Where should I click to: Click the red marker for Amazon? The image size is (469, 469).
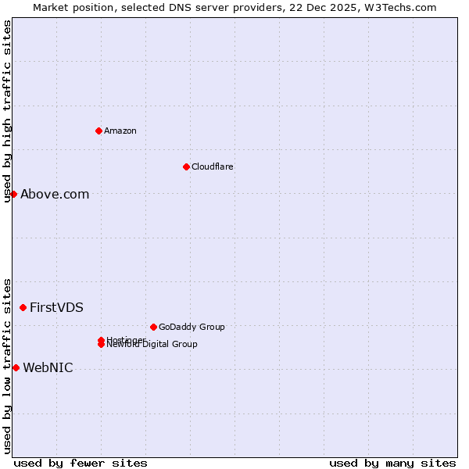coord(98,131)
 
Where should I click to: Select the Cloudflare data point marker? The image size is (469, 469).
coord(186,166)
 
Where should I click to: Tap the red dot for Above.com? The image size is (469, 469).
coord(13,194)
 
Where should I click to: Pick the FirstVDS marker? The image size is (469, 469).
coord(23,307)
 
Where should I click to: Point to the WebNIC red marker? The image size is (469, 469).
coord(16,367)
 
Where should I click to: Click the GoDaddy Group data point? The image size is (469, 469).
coord(153,327)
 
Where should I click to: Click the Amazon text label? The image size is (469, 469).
coord(120,131)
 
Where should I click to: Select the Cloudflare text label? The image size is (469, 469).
coord(212,166)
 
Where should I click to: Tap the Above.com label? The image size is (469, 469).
coord(55,195)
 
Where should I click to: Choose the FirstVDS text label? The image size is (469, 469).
coord(56,308)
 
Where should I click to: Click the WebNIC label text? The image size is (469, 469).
coord(48,368)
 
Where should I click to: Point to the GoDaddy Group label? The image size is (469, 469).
coord(192,327)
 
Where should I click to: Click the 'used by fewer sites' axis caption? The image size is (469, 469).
coord(81,463)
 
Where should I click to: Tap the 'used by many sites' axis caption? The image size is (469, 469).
coord(392,463)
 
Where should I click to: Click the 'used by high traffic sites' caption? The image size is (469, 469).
coord(7,111)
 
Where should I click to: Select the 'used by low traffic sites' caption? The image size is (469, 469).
coord(7,365)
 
